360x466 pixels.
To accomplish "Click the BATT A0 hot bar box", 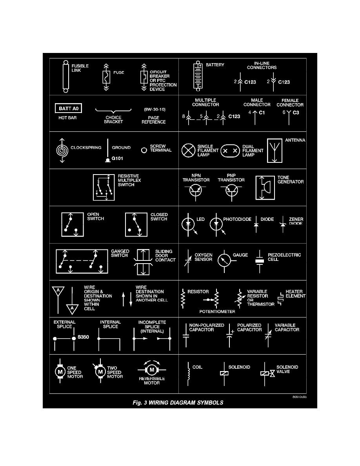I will click(x=67, y=108).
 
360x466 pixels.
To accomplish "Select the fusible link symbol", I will click(x=65, y=76).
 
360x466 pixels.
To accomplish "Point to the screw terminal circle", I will click(x=144, y=150).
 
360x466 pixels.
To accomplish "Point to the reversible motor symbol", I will click(x=151, y=369).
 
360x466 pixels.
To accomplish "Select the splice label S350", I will click(x=84, y=337).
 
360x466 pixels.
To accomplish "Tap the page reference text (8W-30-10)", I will click(x=154, y=109).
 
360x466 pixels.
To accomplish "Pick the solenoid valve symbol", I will click(x=267, y=373).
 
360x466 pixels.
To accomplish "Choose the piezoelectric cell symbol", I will click(x=259, y=260).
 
